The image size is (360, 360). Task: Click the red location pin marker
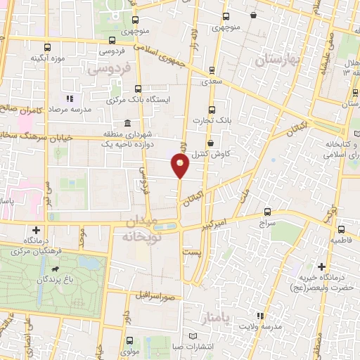pyautogui.click(x=181, y=167)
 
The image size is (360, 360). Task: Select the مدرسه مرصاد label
pyautogui.click(x=70, y=110)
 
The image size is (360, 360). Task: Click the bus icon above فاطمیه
pyautogui.click(x=340, y=229)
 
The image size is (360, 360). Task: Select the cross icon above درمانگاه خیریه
pyautogui.click(x=321, y=267)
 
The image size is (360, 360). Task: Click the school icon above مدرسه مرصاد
pyautogui.click(x=70, y=98)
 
